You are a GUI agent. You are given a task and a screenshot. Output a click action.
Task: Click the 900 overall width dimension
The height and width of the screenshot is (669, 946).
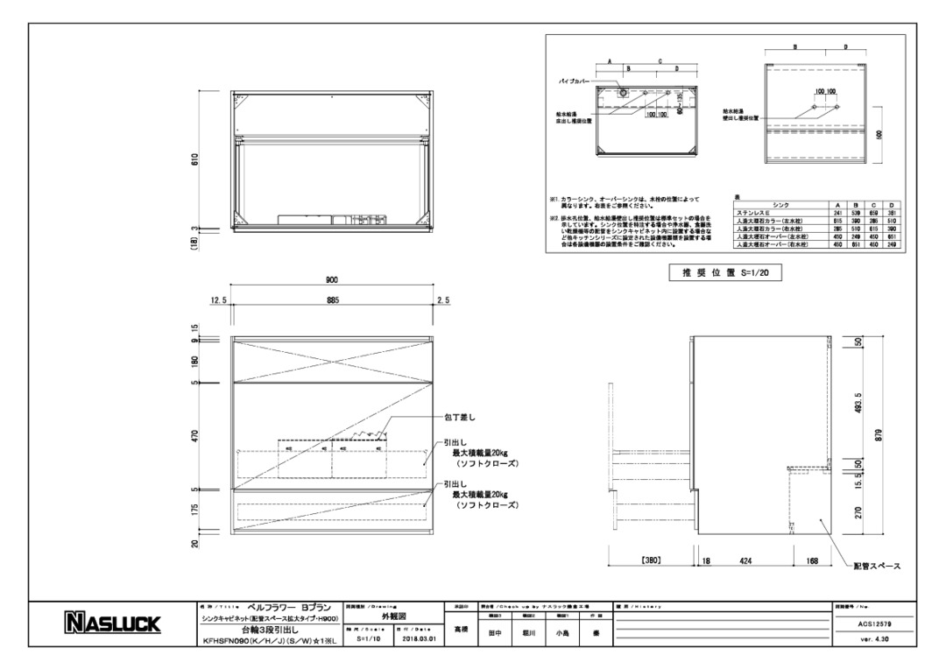pos(331,280)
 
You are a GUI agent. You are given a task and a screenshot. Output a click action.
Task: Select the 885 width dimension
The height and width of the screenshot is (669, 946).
pos(331,300)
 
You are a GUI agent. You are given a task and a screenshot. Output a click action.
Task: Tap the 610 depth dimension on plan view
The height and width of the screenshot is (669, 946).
pos(195,159)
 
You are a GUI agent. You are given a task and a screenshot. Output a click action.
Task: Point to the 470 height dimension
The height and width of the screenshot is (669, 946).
pos(195,435)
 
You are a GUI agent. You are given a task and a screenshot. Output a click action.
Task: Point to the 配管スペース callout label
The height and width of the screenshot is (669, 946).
pos(876,567)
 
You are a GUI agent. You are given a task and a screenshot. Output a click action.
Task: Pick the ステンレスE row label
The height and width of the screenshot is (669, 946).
pos(754,212)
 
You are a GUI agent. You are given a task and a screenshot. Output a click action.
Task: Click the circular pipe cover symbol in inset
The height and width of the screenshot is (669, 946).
pos(619,91)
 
